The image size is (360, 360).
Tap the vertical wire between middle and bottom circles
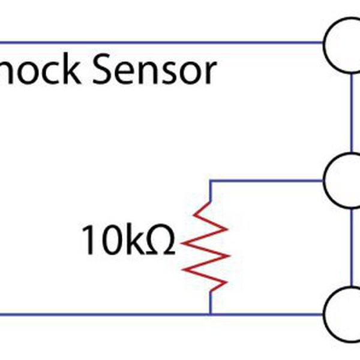tap(350, 246)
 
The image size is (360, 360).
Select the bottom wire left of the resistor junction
tap(102, 313)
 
